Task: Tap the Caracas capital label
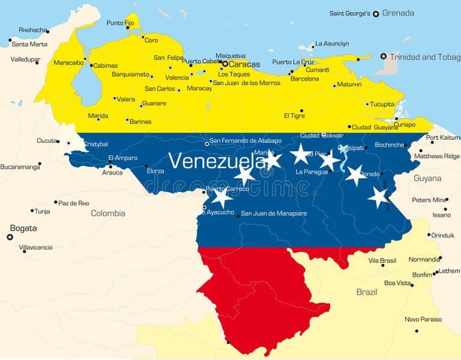[x=245, y=64]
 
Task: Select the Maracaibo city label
[x=68, y=62]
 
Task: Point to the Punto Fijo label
[x=120, y=23]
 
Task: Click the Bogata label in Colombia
[x=23, y=228]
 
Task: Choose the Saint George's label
[x=350, y=13]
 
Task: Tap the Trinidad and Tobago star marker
[x=384, y=56]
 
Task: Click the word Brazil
[x=366, y=292]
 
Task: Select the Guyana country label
[x=427, y=178]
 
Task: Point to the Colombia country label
[x=108, y=213]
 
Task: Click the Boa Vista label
[x=397, y=283]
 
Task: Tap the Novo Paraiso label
[x=423, y=319]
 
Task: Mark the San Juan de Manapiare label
[x=274, y=213]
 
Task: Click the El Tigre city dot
[x=301, y=111]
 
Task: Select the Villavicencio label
[x=35, y=247]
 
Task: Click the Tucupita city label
[x=382, y=104]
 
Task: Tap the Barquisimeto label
[x=130, y=74]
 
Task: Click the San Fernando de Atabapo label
[x=246, y=140]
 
